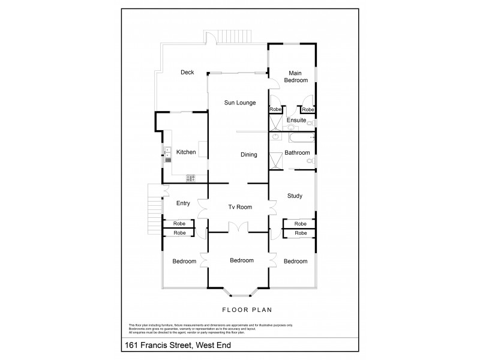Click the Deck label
click(187, 73)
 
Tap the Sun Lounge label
click(240, 103)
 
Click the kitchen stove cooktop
click(191, 177)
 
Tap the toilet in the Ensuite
click(316, 124)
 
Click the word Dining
click(248, 155)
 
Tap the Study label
click(295, 196)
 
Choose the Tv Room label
click(240, 207)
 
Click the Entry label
click(183, 203)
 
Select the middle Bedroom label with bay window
click(242, 260)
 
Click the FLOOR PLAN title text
click(247, 310)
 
